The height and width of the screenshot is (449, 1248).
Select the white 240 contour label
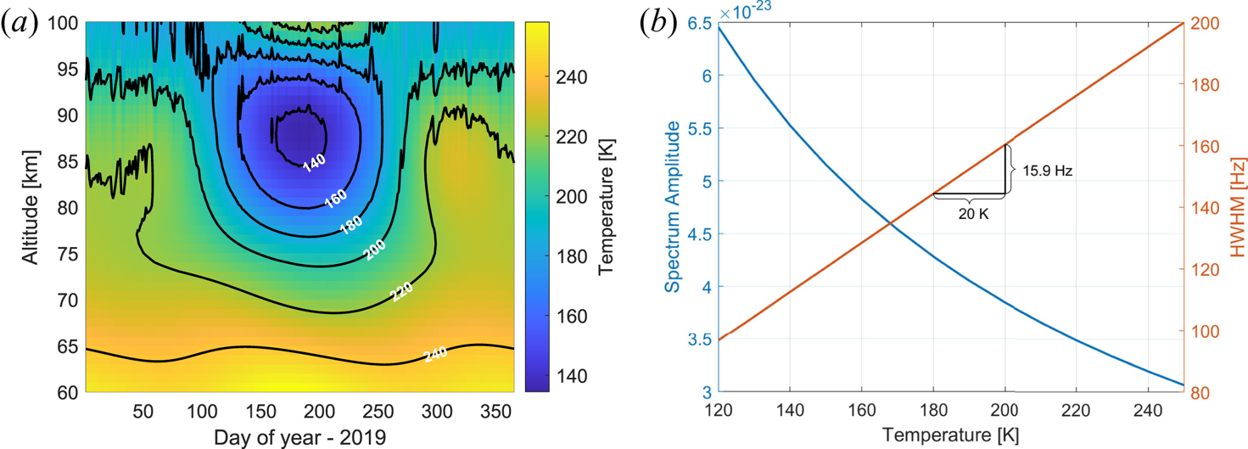[436, 354]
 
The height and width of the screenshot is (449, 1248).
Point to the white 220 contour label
[401, 293]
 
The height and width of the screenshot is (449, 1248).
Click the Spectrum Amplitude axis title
[672, 207]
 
